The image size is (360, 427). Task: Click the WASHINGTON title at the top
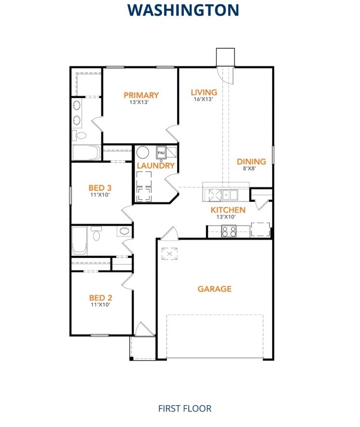point(183,10)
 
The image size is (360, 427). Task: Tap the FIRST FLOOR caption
point(185,408)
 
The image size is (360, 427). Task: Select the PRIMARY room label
point(141,95)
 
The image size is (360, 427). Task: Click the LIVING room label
point(204,92)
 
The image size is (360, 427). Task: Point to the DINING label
point(251,162)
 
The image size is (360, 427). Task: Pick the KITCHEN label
point(228,210)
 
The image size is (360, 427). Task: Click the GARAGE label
point(215,289)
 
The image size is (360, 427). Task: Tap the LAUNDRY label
point(155,166)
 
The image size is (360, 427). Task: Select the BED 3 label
point(100,187)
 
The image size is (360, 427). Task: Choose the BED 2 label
point(100,298)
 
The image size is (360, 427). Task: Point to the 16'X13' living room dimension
point(204,100)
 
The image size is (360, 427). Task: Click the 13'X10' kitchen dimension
point(226,217)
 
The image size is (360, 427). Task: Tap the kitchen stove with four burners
point(229,231)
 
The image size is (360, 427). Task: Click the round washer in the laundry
point(142,153)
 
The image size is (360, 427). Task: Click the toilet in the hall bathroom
point(97,235)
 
